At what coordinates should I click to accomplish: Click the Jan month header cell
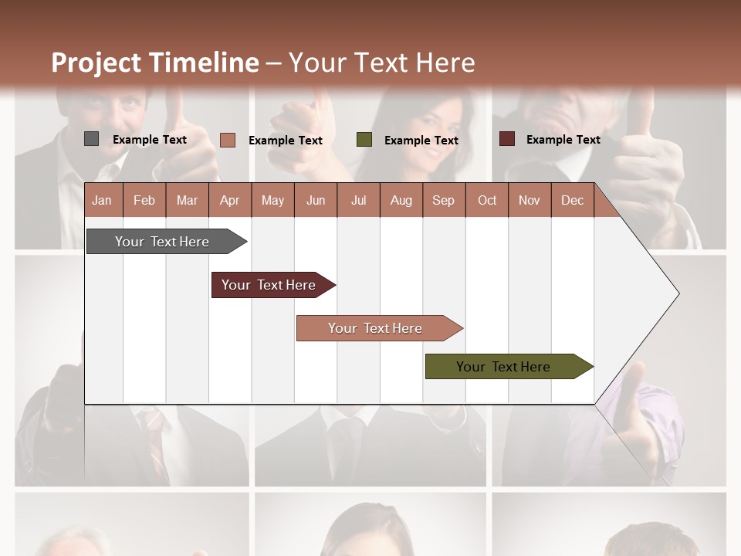pyautogui.click(x=102, y=200)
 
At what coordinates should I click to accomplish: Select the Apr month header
pyautogui.click(x=229, y=200)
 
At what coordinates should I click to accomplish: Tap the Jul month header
pyautogui.click(x=358, y=200)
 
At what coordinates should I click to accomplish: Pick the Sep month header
pyautogui.click(x=443, y=200)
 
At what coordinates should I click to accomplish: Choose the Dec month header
pyautogui.click(x=572, y=200)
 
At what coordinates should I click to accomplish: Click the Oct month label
pyautogui.click(x=487, y=200)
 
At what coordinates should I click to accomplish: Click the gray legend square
pyautogui.click(x=91, y=139)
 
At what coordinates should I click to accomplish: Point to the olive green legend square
pyautogui.click(x=364, y=140)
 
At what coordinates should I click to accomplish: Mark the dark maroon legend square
pyautogui.click(x=507, y=139)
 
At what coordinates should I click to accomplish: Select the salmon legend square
pyautogui.click(x=227, y=140)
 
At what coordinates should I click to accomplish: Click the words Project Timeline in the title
pyautogui.click(x=154, y=63)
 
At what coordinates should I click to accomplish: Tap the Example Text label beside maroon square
pyautogui.click(x=563, y=140)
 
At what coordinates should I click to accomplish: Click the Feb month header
pyautogui.click(x=144, y=200)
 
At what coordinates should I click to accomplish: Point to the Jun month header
pyautogui.click(x=316, y=200)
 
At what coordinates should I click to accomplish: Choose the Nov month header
pyautogui.click(x=529, y=200)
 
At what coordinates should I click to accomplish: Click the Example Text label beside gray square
pyautogui.click(x=149, y=140)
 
